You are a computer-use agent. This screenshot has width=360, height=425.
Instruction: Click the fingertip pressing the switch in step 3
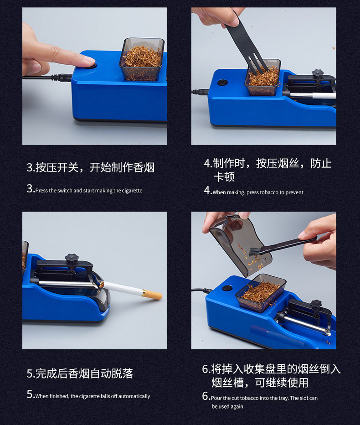pos(88,61)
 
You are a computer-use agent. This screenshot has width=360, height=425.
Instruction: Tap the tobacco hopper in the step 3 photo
pos(142,59)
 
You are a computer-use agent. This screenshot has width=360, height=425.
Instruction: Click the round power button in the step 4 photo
pos(222,82)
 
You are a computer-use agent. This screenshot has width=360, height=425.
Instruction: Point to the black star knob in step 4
pos(318,73)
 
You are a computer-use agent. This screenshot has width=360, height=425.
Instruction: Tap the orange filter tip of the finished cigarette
pos(152,295)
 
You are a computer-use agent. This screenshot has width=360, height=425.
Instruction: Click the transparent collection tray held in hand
pos(240,245)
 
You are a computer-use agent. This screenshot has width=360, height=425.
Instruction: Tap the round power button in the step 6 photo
pos(227,288)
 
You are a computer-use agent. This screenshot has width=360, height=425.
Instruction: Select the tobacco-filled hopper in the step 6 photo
pos(261,293)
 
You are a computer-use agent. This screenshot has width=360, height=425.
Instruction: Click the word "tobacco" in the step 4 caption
pos(269,192)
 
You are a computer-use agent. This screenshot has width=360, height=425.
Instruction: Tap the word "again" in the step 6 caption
pos(237,407)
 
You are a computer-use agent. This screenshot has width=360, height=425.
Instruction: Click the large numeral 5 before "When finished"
pos(30,394)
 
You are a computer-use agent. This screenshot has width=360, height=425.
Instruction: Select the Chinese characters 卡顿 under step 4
pos(224,177)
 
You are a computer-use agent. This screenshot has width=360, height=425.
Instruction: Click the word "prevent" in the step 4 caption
pos(294,192)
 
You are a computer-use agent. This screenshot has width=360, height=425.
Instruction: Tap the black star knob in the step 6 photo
pos(316,304)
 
